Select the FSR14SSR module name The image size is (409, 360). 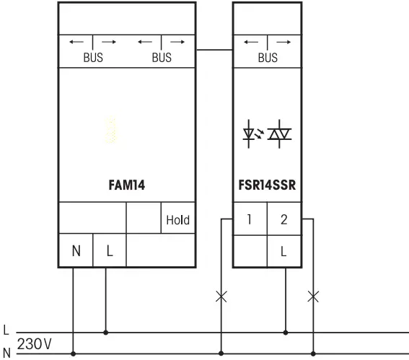(x=267, y=185)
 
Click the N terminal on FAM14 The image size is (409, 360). (x=75, y=252)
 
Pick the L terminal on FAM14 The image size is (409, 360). (x=109, y=252)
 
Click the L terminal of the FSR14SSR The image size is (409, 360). (x=283, y=252)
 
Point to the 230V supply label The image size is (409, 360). (x=34, y=344)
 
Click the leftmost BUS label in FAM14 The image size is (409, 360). (x=92, y=58)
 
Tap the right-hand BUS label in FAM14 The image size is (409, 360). (x=161, y=58)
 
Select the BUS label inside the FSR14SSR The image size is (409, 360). (x=267, y=58)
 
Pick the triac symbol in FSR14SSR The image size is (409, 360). (x=278, y=134)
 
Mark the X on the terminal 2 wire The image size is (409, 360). (x=312, y=295)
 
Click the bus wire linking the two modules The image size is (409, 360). (x=214, y=50)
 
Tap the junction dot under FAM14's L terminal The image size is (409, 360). (x=107, y=333)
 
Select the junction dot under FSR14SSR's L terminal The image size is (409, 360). (x=286, y=333)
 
